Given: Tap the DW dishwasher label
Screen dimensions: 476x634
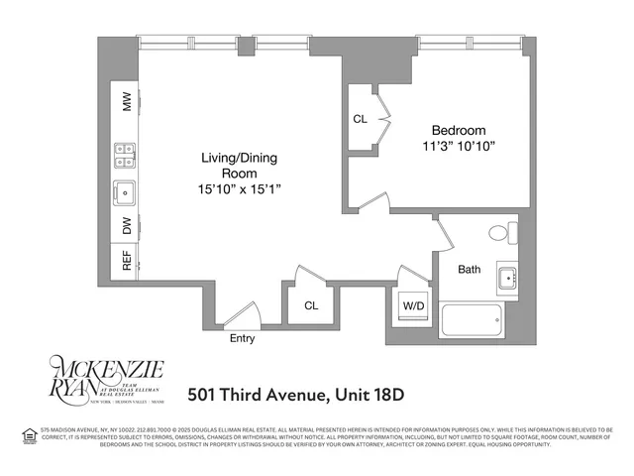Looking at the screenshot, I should (127, 226).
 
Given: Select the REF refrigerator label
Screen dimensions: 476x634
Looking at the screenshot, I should (127, 261).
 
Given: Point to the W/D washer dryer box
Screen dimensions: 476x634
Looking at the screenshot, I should (412, 306).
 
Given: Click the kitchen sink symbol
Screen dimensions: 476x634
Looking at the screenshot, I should (126, 191).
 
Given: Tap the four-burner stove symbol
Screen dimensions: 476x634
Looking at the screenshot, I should (126, 158).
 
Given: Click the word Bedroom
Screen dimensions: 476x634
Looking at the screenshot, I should (458, 131).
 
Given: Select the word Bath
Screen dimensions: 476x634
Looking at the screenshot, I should (470, 269).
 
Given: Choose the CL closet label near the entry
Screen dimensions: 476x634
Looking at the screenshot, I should (311, 306).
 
